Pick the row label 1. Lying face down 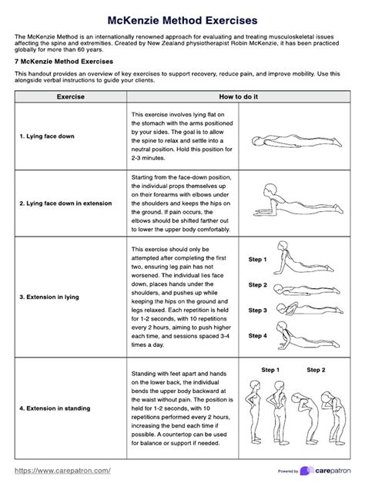(49, 136)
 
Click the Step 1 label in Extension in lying (257, 260)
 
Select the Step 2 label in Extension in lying (257, 285)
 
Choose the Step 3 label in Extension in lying (257, 311)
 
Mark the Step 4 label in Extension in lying (257, 336)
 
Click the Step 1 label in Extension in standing (271, 371)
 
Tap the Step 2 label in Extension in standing (316, 371)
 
